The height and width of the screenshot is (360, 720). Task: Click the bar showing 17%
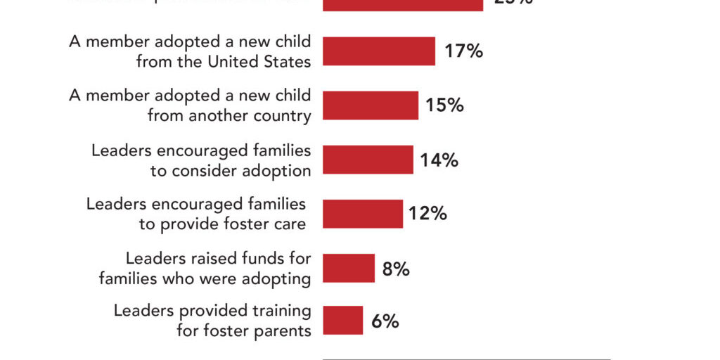[378, 51]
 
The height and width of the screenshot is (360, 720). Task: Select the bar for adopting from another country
[370, 105]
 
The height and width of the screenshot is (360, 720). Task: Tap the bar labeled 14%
[368, 160]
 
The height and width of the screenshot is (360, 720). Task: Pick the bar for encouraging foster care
[362, 214]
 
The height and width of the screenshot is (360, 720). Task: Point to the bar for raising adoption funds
[348, 268]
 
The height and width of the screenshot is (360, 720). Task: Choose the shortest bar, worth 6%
[342, 321]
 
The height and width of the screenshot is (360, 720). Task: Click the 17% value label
[463, 51]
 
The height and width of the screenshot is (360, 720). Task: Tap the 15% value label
[444, 105]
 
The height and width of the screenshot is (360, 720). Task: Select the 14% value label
[439, 160]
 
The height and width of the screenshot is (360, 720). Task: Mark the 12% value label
[427, 214]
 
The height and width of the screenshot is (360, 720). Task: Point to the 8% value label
[396, 269]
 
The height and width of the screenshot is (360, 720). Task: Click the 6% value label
[385, 321]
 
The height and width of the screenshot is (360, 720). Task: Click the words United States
[259, 62]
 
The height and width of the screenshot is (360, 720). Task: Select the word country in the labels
[283, 116]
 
